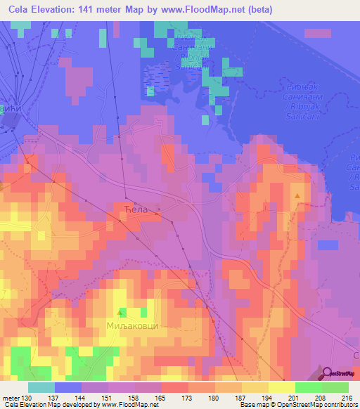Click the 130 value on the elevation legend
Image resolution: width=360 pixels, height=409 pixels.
27,398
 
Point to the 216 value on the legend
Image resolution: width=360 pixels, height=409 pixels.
346,398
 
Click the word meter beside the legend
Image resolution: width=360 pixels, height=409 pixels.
11,398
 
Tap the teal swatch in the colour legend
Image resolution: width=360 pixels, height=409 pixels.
41,387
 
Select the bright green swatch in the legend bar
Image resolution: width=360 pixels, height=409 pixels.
308,387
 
